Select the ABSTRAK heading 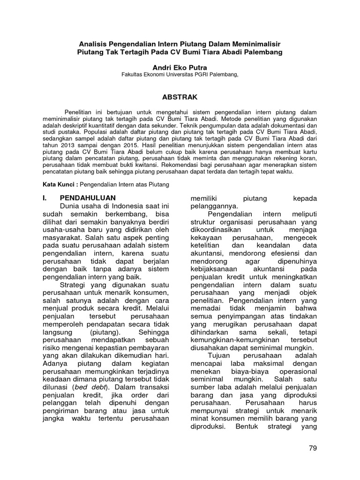point(180,97)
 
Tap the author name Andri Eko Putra point(180,67)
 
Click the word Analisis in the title point(95,44)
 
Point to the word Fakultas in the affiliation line point(133,75)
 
